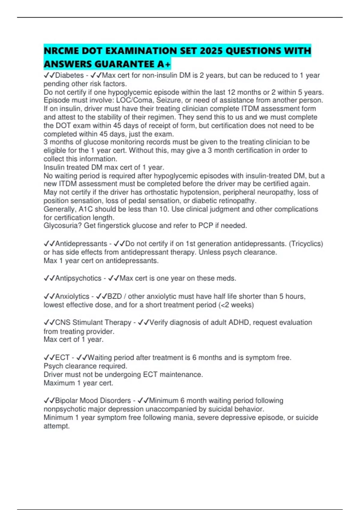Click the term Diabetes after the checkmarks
tap(70, 75)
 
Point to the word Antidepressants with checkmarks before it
tap(81, 244)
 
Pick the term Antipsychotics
tap(78, 278)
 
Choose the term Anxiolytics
tap(72, 296)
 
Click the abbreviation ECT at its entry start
tap(62, 358)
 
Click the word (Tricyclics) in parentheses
tap(306, 244)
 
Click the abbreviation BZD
tap(115, 296)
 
